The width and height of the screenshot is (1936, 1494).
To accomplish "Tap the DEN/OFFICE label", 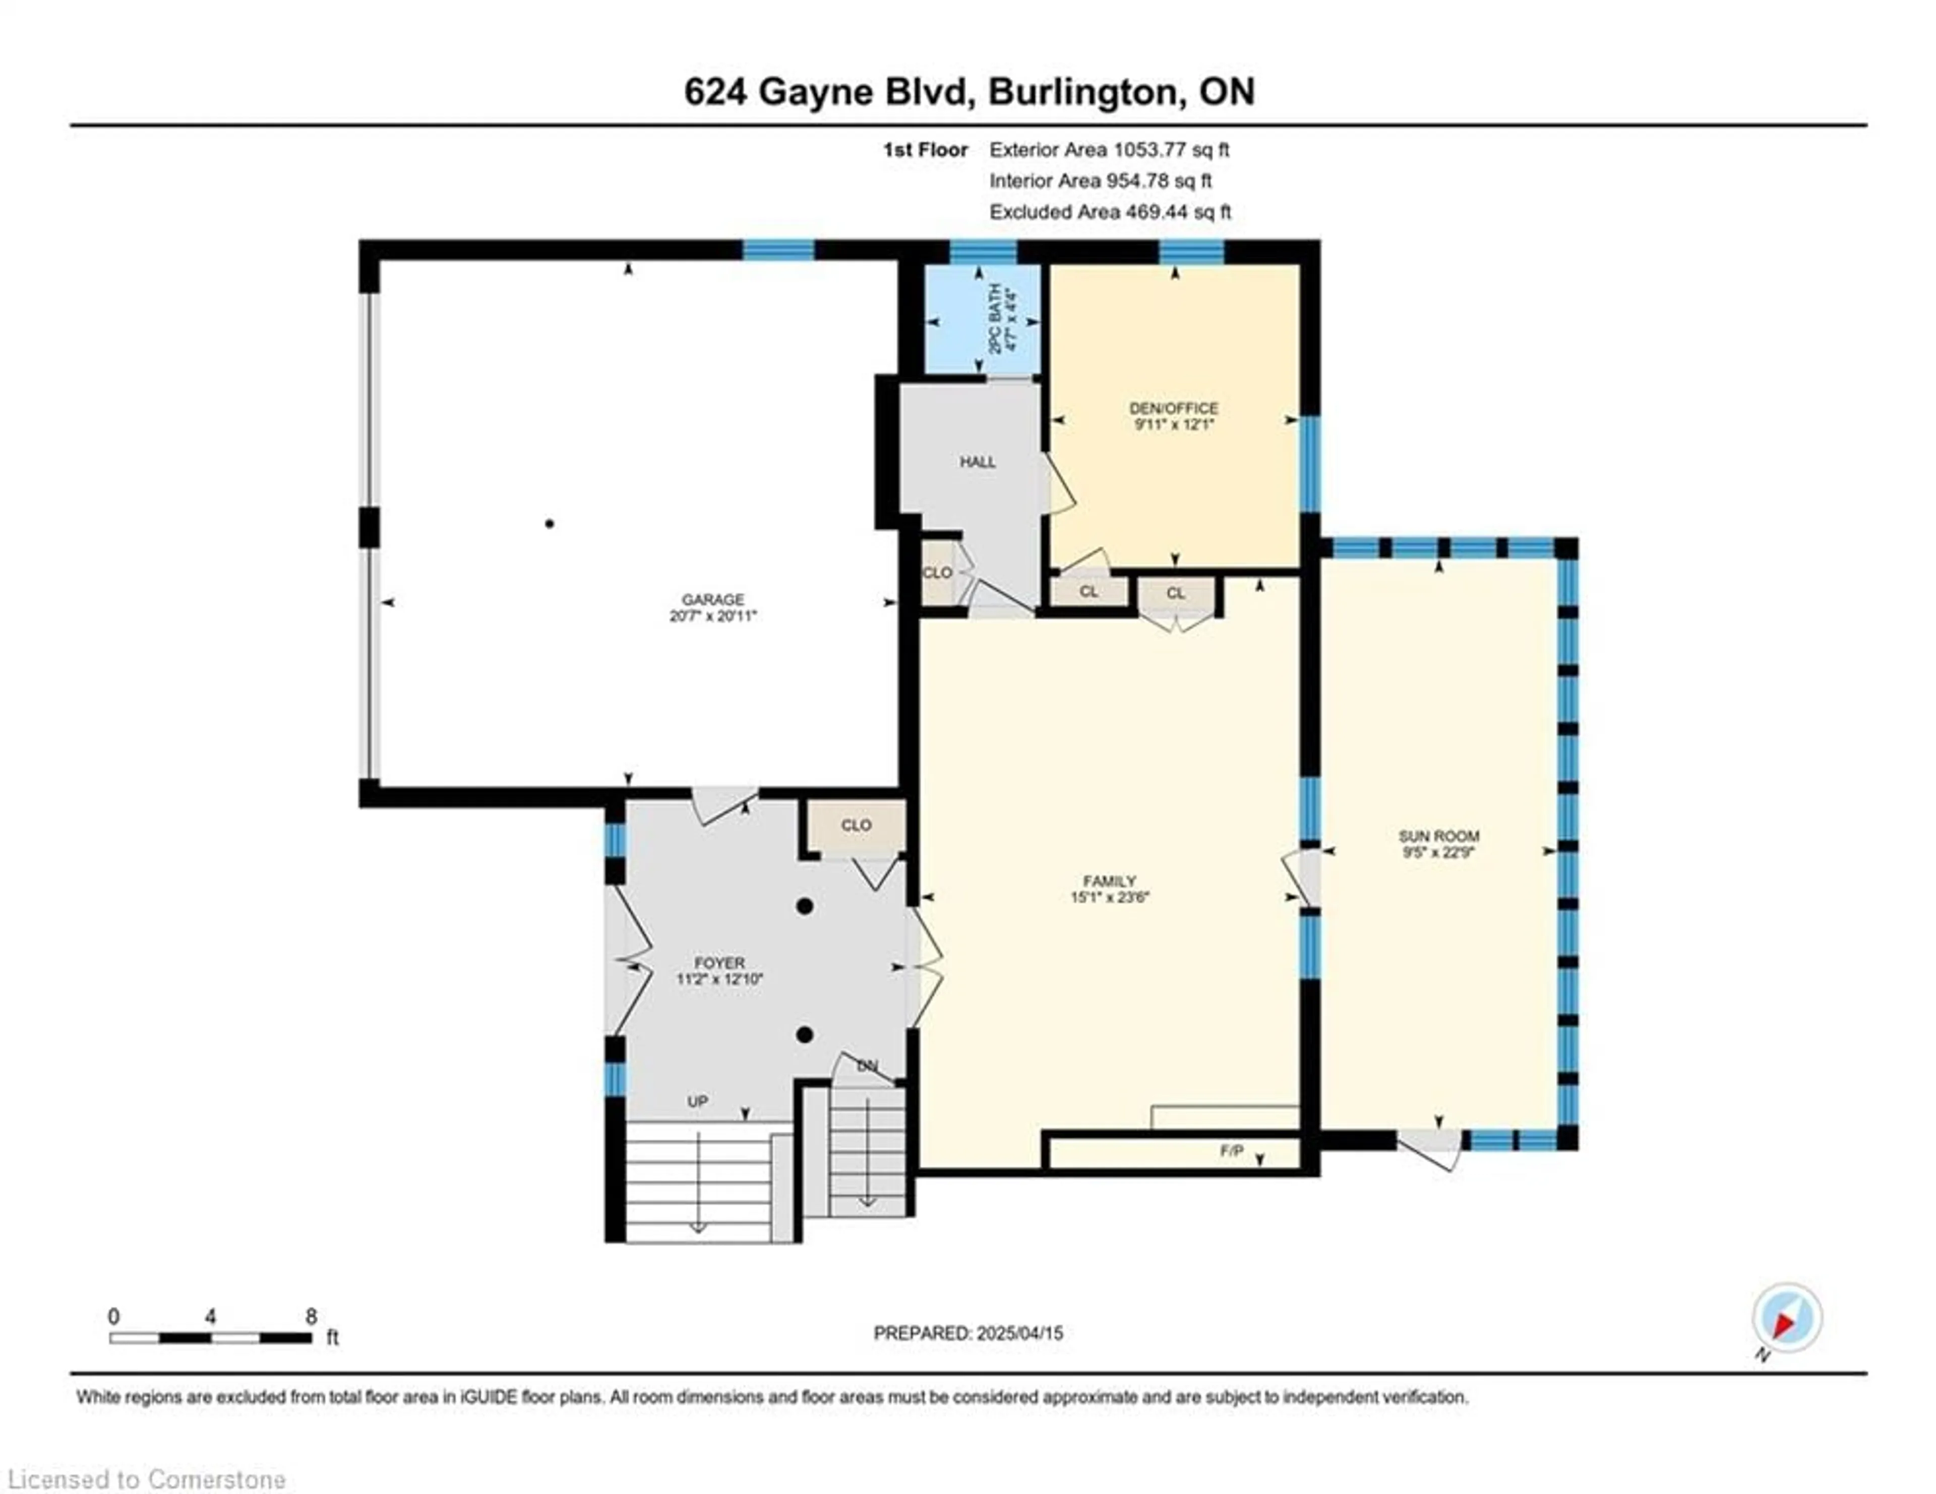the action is [x=1174, y=408].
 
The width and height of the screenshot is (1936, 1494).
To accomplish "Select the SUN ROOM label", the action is [x=1439, y=836].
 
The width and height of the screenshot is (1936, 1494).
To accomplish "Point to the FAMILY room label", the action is [x=1109, y=881].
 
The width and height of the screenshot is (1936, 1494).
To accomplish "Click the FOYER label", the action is [x=719, y=962].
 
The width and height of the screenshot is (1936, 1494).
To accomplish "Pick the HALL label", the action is [x=978, y=462].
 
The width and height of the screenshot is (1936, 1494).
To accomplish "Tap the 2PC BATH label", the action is [x=996, y=319].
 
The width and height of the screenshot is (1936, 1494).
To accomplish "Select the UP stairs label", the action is [x=698, y=1101].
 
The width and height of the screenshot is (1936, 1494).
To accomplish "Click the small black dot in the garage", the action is [x=550, y=524].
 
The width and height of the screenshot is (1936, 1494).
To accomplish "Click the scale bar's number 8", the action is [x=311, y=1316].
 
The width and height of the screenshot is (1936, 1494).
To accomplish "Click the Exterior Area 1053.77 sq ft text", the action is [x=1109, y=150].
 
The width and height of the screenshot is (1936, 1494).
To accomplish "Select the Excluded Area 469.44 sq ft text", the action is [x=1110, y=212].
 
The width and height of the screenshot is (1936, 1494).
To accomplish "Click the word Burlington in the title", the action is [x=1087, y=92].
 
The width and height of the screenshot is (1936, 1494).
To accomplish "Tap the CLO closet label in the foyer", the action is [x=856, y=825].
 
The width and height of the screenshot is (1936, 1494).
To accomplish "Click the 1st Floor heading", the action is [x=925, y=150].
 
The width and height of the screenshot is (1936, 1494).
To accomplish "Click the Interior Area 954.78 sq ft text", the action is [x=1100, y=181].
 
